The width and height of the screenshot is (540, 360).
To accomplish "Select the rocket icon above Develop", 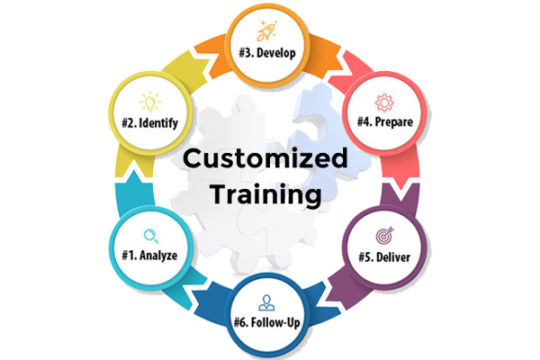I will pos(268,31).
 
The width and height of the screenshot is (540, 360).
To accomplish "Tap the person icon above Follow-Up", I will pos(266,300).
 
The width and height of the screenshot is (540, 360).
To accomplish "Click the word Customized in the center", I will pos(265,160).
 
